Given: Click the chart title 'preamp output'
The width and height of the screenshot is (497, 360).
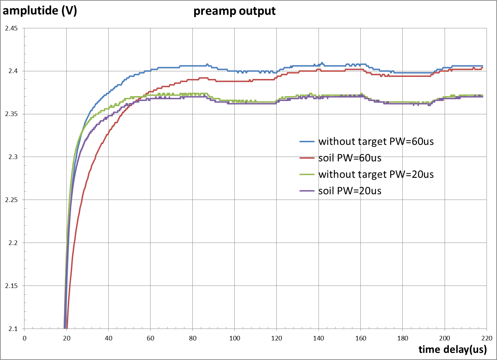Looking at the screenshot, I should (234, 11).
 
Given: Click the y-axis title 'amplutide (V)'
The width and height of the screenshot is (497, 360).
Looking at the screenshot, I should (40, 10).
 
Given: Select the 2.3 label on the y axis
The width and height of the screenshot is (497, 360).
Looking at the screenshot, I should (13, 157).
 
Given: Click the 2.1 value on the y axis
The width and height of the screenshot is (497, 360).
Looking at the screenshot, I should (13, 329).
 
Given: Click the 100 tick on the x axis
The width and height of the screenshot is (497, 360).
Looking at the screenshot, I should (234, 338).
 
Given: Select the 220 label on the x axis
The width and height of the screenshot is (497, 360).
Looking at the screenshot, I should (487, 338).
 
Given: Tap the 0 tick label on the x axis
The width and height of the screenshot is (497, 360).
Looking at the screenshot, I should (24, 338).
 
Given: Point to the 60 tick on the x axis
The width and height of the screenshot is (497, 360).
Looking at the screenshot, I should (150, 338).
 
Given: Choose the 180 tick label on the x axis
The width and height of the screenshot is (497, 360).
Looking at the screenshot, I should (402, 338).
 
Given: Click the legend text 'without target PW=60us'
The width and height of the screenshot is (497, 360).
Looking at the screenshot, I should (376, 142).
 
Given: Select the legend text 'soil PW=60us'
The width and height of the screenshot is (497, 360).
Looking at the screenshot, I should (350, 158).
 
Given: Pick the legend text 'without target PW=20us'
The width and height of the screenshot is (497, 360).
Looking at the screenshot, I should (376, 174).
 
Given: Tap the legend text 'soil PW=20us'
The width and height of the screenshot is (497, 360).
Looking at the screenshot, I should (350, 190).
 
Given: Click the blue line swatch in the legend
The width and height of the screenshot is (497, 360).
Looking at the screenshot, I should (307, 142).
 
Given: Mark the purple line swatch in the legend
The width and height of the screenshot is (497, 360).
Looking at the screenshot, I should (307, 190).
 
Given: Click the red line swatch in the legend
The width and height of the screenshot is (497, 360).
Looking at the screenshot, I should (307, 158).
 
